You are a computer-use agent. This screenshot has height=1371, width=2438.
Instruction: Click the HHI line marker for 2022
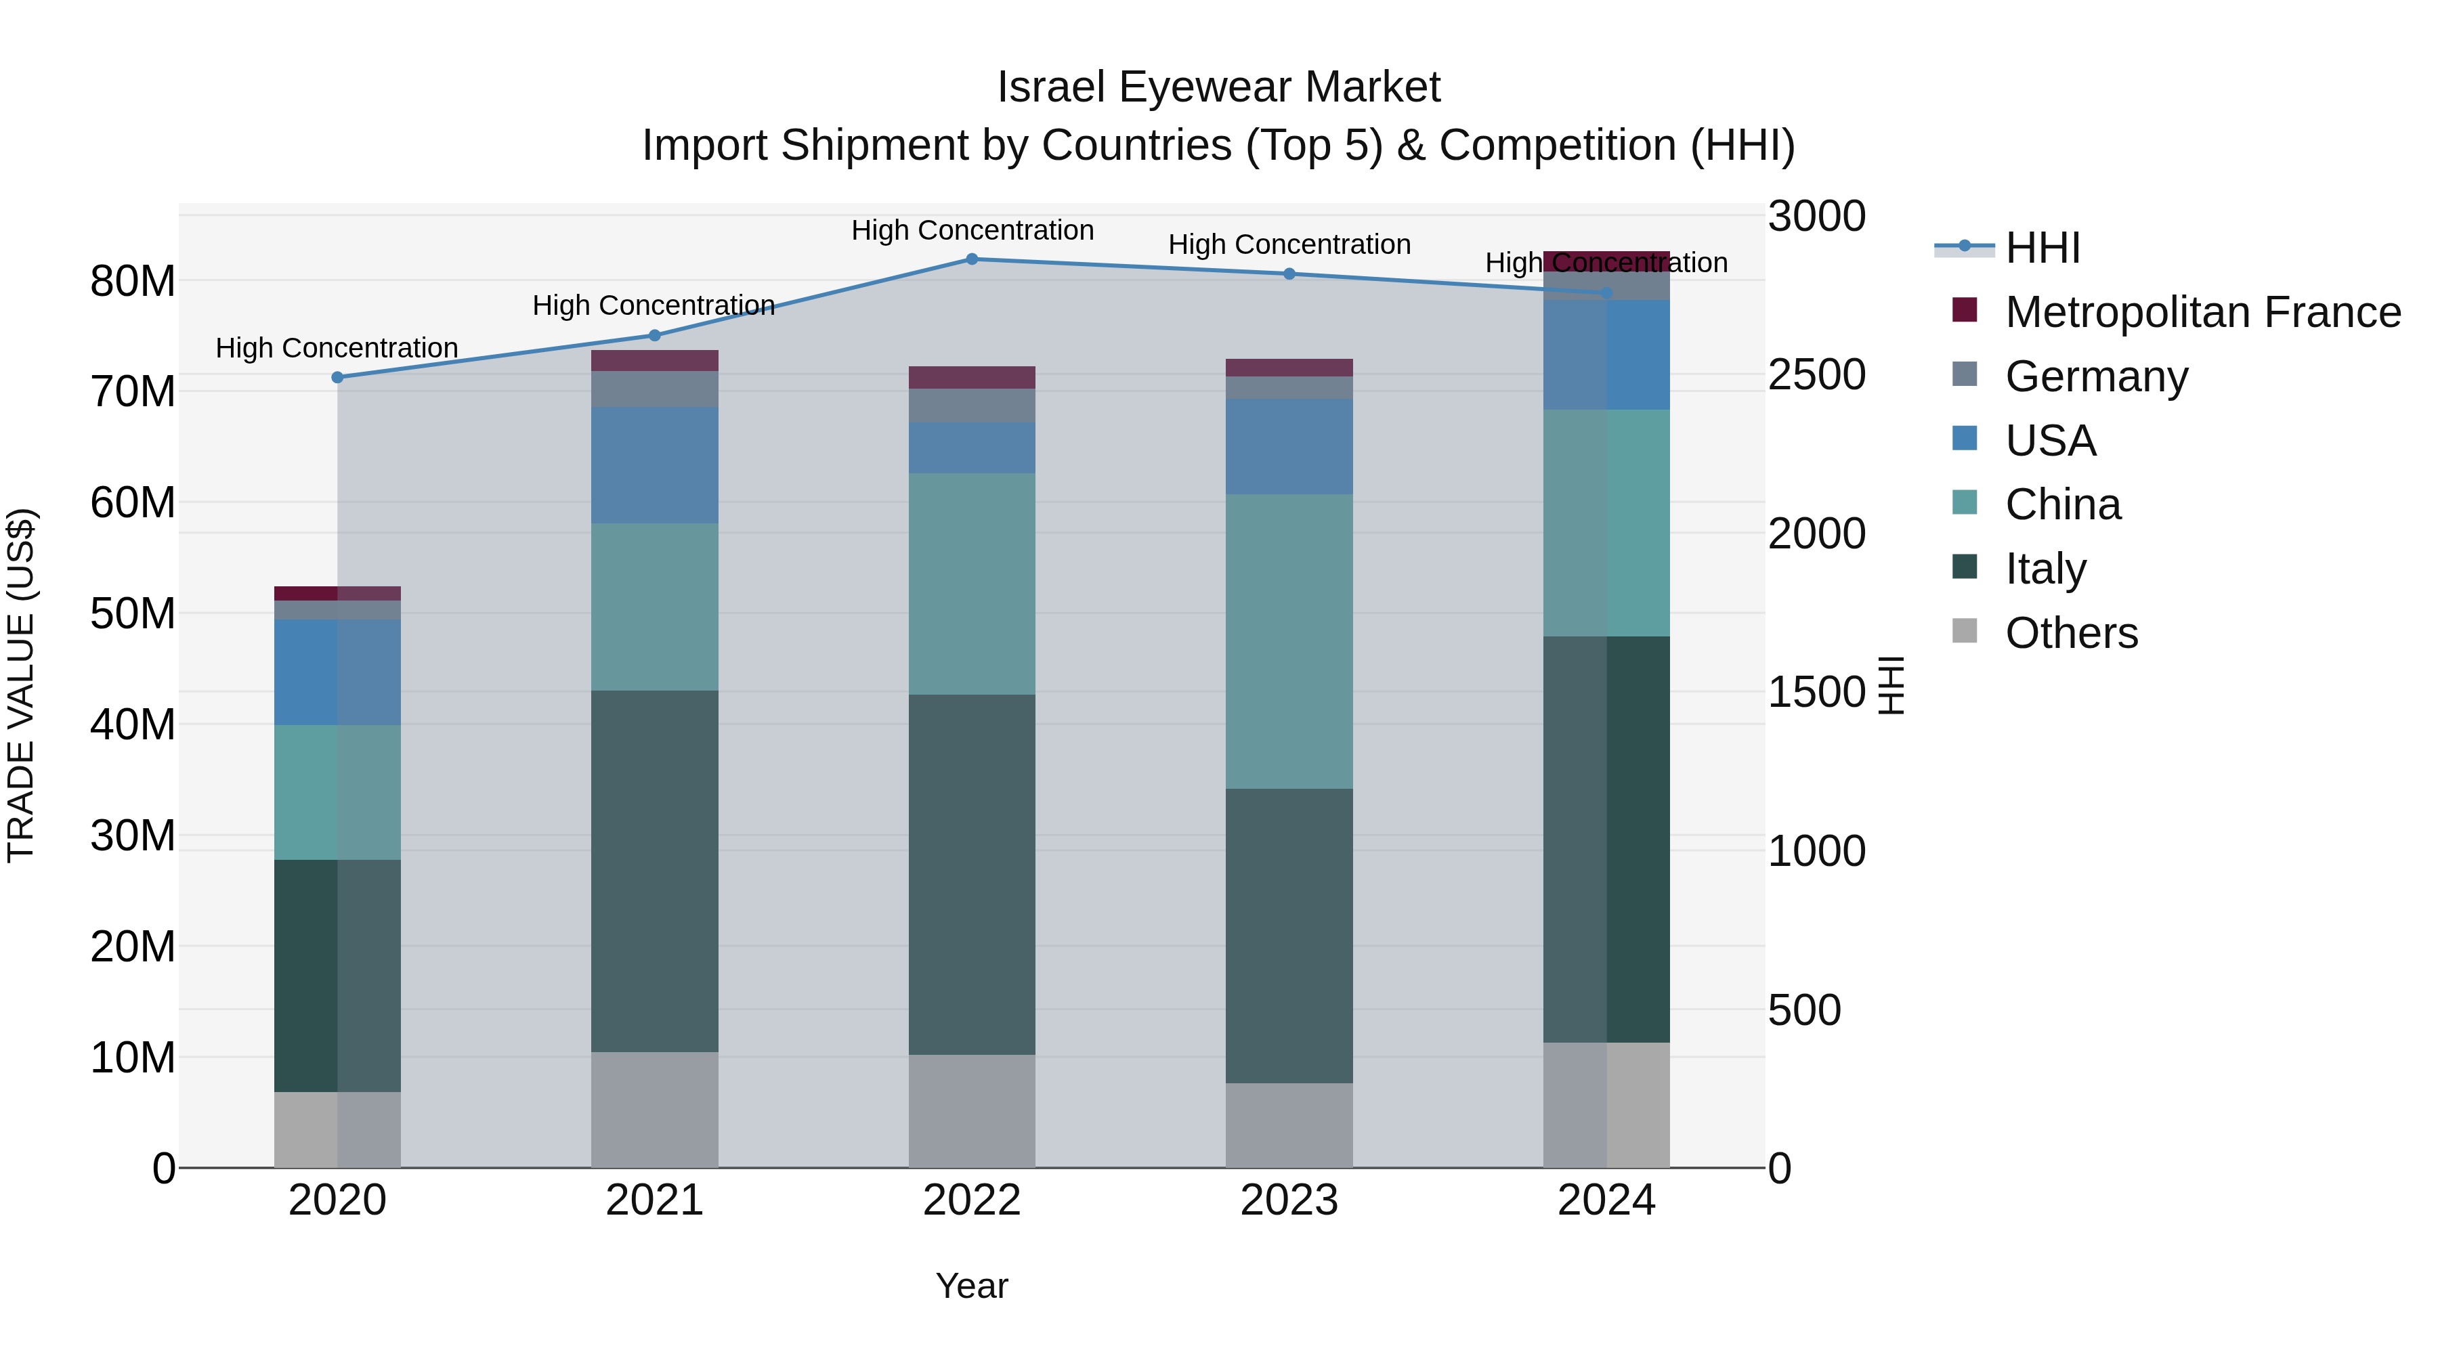pyautogui.click(x=972, y=259)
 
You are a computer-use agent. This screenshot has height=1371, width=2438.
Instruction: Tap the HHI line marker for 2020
pyautogui.click(x=338, y=378)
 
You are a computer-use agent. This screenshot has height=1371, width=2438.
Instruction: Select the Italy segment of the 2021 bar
pyautogui.click(x=654, y=871)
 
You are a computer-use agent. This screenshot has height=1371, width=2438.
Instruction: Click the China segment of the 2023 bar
pyautogui.click(x=1289, y=642)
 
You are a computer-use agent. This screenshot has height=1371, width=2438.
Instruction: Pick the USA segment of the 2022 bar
pyautogui.click(x=972, y=448)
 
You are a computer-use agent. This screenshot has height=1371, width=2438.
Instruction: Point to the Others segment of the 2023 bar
pyautogui.click(x=1289, y=1125)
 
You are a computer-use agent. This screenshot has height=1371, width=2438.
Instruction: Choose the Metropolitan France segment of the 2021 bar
pyautogui.click(x=654, y=360)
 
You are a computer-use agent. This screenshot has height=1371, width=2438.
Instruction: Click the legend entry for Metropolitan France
pyautogui.click(x=2202, y=312)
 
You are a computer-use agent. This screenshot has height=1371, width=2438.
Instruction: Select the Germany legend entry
pyautogui.click(x=2096, y=376)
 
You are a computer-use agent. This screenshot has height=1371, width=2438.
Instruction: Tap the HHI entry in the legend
pyautogui.click(x=2043, y=248)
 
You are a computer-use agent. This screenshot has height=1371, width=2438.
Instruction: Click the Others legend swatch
pyautogui.click(x=1965, y=631)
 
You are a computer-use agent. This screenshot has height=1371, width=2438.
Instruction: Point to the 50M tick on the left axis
pyautogui.click(x=133, y=614)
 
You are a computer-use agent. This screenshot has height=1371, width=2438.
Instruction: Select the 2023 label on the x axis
pyautogui.click(x=1289, y=1200)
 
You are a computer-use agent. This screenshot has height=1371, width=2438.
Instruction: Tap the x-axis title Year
pyautogui.click(x=972, y=1286)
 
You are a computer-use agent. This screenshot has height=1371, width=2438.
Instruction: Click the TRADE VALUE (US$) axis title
pyautogui.click(x=21, y=685)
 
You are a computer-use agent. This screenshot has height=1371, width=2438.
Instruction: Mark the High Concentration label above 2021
pyautogui.click(x=654, y=305)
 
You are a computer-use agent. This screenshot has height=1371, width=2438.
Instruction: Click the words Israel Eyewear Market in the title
pyautogui.click(x=1218, y=87)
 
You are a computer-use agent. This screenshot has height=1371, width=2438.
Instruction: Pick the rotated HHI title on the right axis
pyautogui.click(x=1890, y=685)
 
